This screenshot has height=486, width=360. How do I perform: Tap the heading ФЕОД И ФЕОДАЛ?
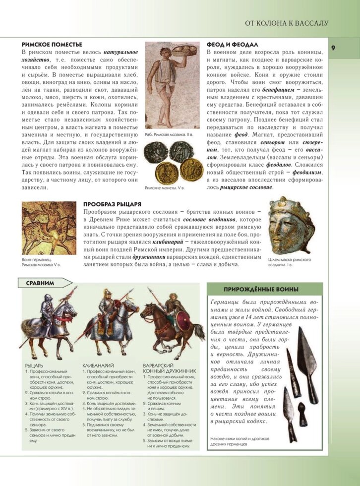click(x=233, y=44)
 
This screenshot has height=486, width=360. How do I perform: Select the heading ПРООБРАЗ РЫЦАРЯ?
click(x=113, y=204)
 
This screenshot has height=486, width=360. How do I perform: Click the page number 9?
click(x=334, y=48)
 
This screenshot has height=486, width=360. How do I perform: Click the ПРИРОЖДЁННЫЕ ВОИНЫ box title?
click(x=264, y=290)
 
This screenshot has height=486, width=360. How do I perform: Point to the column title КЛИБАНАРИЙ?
click(x=98, y=366)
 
